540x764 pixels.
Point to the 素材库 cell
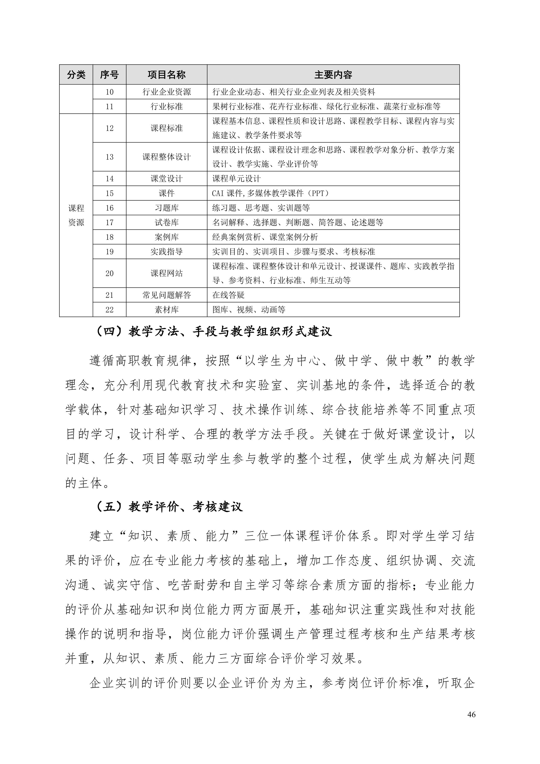(166, 310)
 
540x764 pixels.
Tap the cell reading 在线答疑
(229, 295)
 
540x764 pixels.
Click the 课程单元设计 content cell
(236, 179)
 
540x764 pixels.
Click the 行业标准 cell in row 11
(166, 106)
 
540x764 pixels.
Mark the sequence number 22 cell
(110, 310)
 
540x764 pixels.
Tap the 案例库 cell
(166, 237)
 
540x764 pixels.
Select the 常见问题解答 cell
(166, 295)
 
